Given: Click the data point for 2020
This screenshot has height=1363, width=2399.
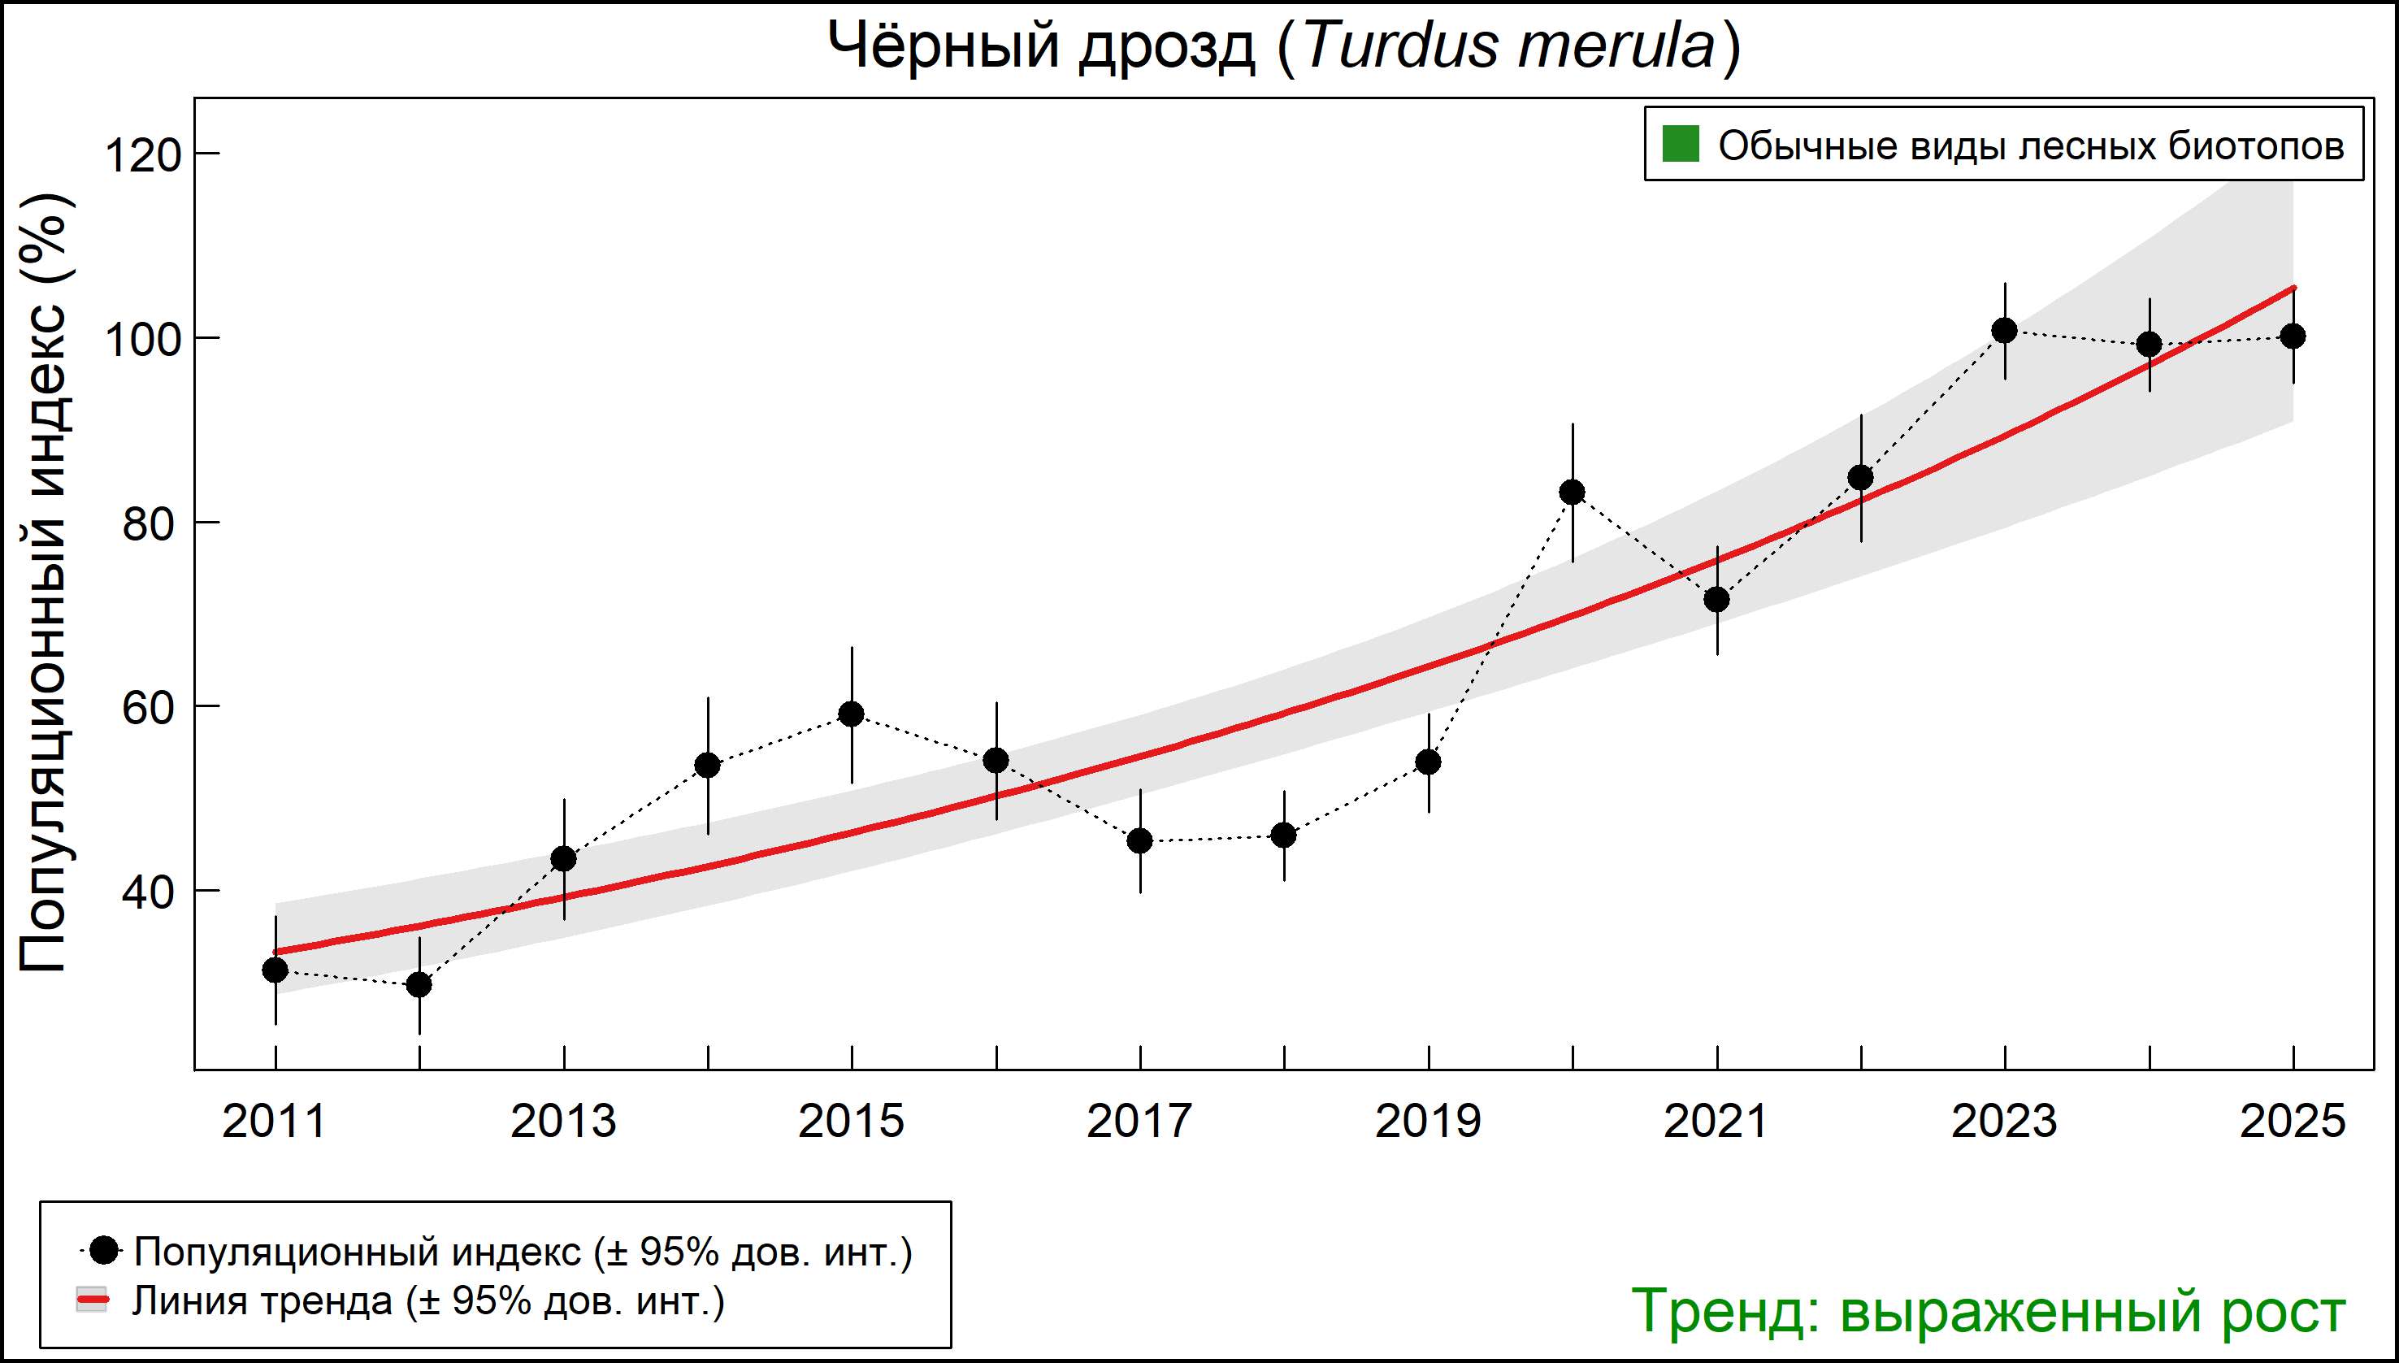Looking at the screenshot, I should coord(1573,493).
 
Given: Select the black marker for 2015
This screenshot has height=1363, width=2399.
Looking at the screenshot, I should coord(851,714).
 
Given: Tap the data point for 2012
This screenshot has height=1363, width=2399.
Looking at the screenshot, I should coord(419,985).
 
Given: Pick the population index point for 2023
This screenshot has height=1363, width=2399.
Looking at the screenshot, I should coord(2004,331).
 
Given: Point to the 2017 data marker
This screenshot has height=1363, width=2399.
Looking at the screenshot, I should coord(1140,841).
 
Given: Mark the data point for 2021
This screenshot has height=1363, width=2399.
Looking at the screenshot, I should coord(1716,599).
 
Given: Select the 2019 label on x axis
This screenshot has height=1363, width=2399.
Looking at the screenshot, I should coord(1427,1122).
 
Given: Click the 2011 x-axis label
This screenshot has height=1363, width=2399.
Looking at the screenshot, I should coord(274,1122).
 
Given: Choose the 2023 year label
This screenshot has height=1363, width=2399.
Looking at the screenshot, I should coord(2004,1122).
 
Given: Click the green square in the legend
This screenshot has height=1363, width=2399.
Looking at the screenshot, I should coord(1680,145).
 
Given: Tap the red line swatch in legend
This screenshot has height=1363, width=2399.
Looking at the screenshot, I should coord(92,1300).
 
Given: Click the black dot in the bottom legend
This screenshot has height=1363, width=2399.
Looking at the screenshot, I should coord(105,1250).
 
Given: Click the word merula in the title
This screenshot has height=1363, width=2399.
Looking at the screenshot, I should coord(1616,45).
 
